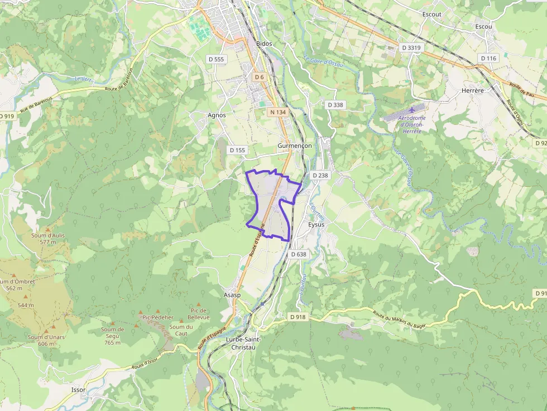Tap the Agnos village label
tap(217, 115)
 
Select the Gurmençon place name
tap(295, 145)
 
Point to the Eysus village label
tap(316, 224)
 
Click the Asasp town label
tap(232, 294)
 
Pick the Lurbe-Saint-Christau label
tap(241, 343)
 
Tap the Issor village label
tap(79, 390)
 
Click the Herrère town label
tap(472, 90)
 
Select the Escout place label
tap(431, 14)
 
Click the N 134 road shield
tap(277, 112)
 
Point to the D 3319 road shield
tap(411, 47)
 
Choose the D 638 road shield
tap(299, 254)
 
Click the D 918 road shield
tap(298, 317)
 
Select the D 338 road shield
tap(335, 104)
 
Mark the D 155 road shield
tap(237, 150)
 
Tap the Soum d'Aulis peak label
tap(48, 239)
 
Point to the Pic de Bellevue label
tap(199, 313)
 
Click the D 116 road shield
tap(488, 58)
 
